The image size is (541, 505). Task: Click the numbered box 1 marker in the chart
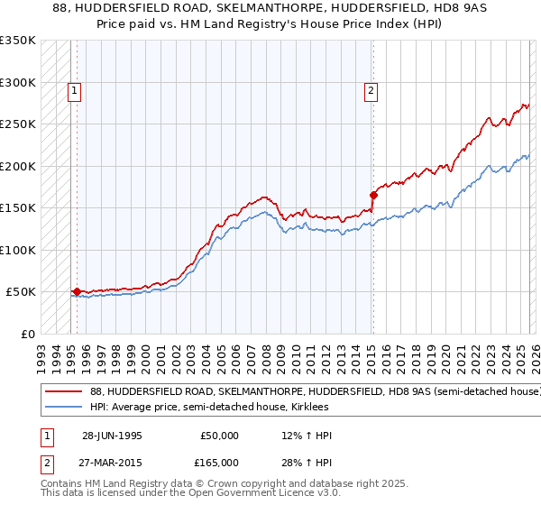pos(73,89)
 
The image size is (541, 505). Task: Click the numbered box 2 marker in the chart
pos(371,89)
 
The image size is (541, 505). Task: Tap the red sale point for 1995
pos(77,291)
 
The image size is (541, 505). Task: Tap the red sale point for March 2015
pos(372,194)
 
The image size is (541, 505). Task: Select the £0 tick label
pos(28,334)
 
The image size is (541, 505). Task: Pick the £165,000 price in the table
pos(220,463)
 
